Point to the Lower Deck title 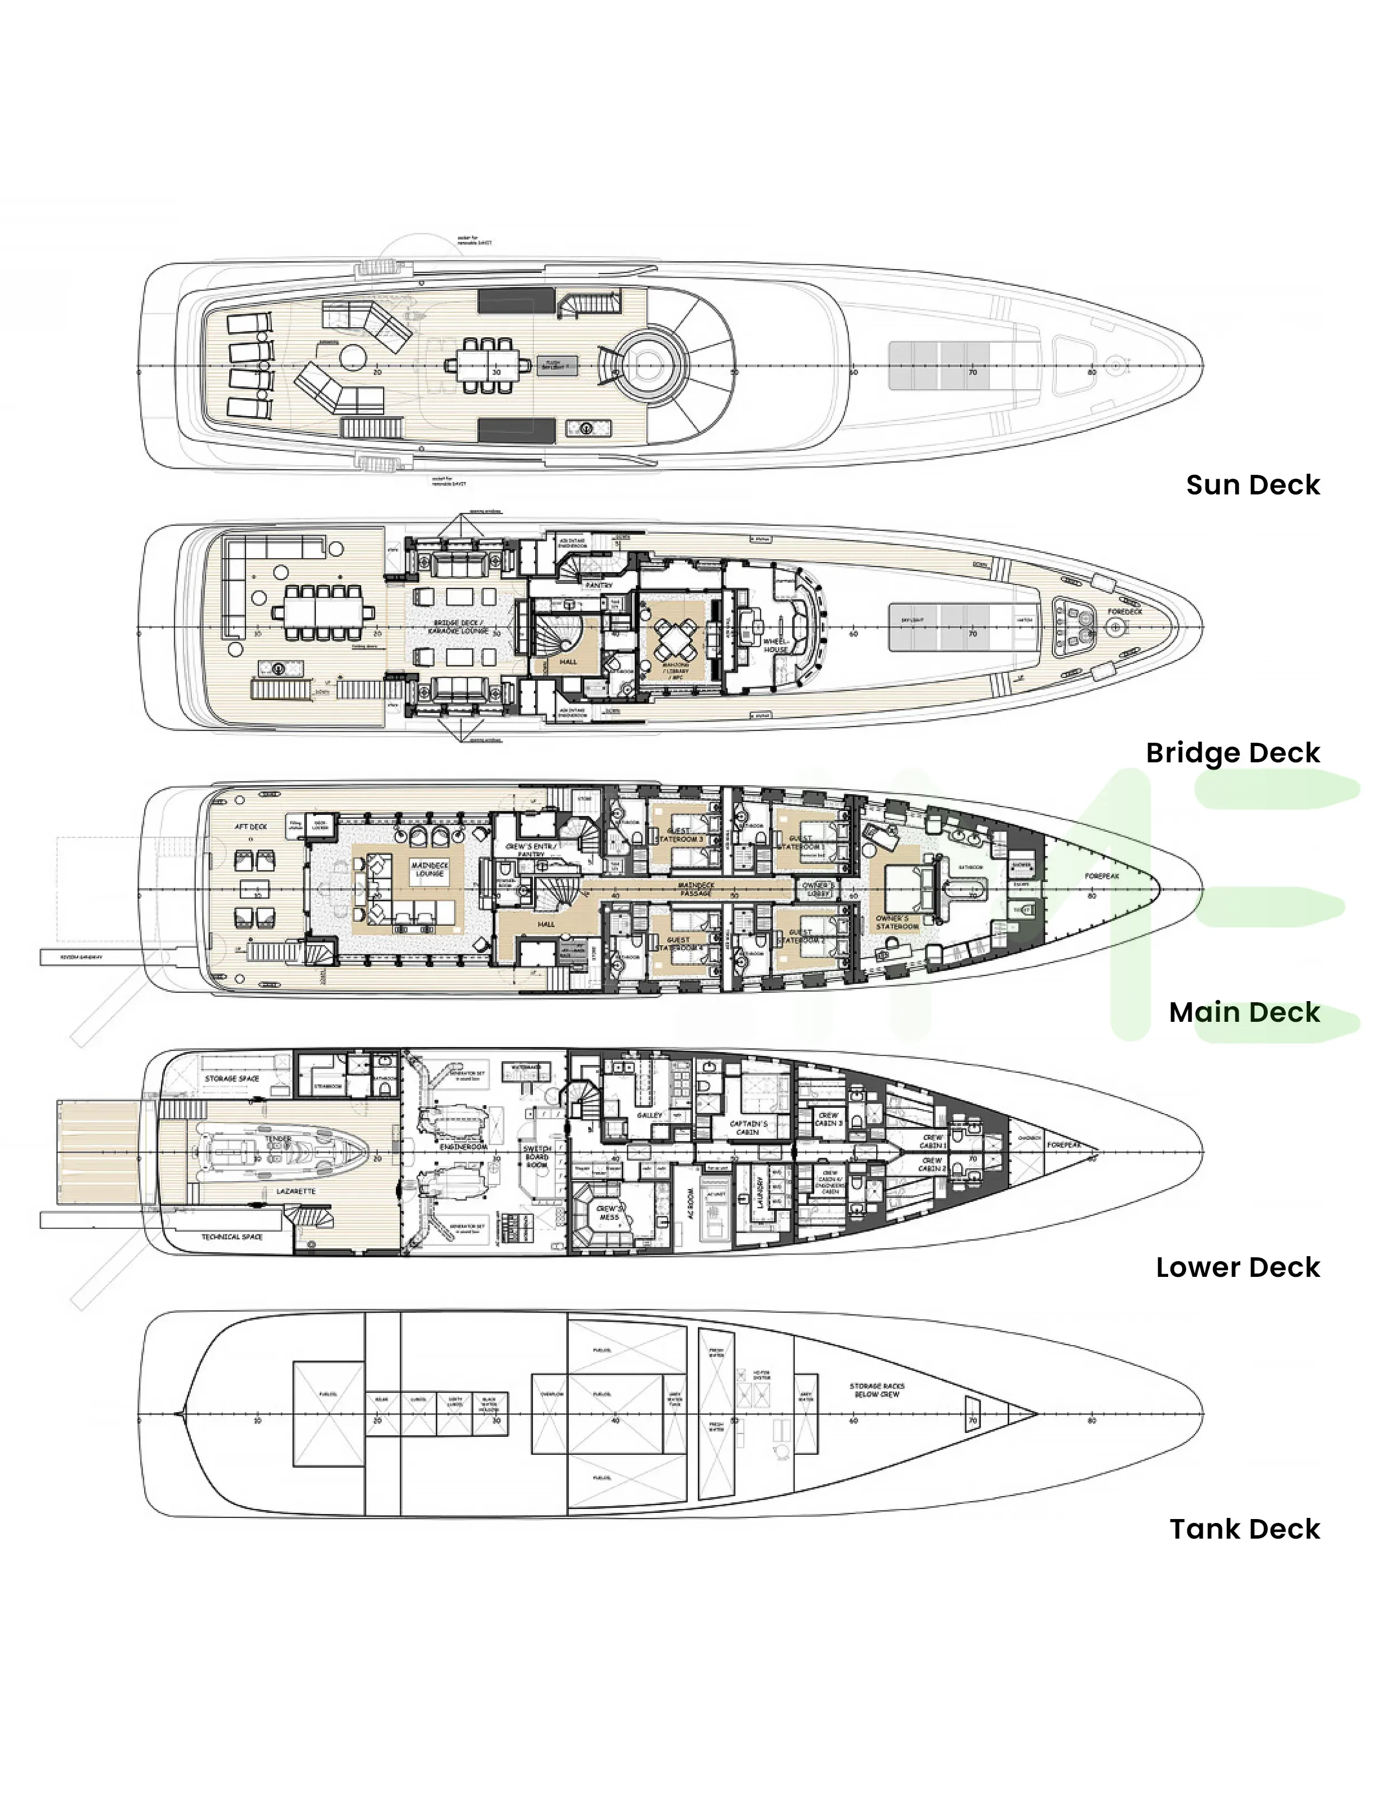click(1237, 1268)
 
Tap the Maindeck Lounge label click(429, 869)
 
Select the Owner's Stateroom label click(896, 923)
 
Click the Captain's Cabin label click(748, 1128)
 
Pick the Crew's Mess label click(610, 1213)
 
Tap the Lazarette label click(296, 1191)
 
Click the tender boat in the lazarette click(282, 1149)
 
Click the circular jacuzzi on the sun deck click(649, 363)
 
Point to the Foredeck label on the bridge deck click(1125, 612)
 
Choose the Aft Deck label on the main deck click(251, 827)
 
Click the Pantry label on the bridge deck click(599, 586)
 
